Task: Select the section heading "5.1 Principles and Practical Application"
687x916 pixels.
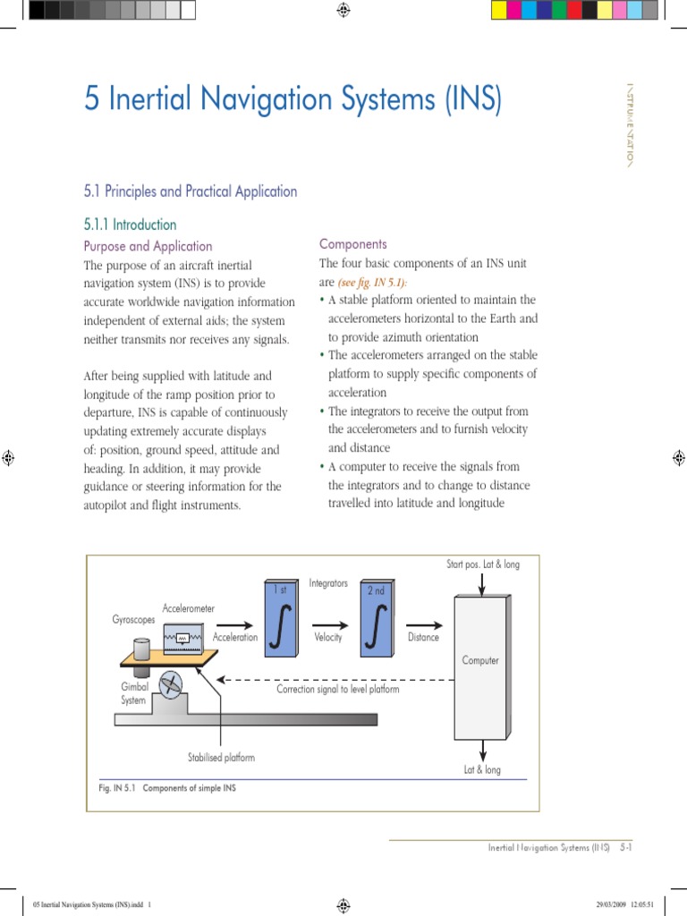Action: [x=191, y=191]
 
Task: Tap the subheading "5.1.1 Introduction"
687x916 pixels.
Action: [x=131, y=225]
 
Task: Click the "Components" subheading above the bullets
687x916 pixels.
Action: [x=353, y=243]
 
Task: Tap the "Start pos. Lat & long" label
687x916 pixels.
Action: [x=483, y=564]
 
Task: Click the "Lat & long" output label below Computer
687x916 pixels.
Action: [x=482, y=769]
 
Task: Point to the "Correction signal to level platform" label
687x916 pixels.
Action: [x=337, y=689]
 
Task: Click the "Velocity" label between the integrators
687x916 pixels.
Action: [x=328, y=638]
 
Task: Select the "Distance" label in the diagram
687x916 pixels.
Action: [x=423, y=638]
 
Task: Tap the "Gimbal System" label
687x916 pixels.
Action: [x=133, y=693]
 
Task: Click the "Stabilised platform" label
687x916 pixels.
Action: [x=221, y=758]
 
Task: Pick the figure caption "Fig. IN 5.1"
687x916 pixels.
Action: [x=114, y=789]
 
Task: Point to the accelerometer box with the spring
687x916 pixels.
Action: [x=186, y=638]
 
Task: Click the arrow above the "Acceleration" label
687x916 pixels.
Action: [x=235, y=625]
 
